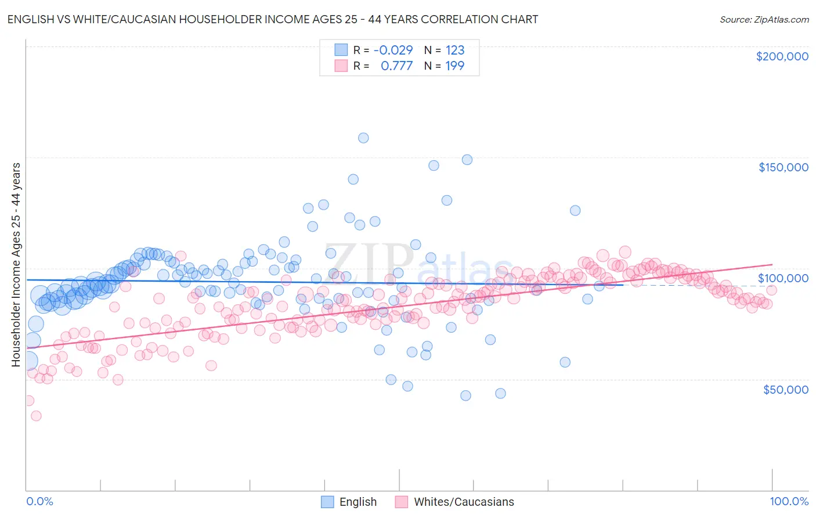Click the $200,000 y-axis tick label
click(x=782, y=56)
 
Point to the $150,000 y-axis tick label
click(x=783, y=167)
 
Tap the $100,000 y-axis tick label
click(x=783, y=278)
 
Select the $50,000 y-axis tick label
click(x=785, y=389)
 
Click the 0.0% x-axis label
click(x=39, y=502)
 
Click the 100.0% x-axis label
click(x=789, y=502)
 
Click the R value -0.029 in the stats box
click(x=393, y=50)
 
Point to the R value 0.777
click(x=396, y=66)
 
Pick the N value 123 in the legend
click(x=455, y=50)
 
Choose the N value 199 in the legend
click(x=455, y=66)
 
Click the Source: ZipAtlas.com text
click(x=764, y=19)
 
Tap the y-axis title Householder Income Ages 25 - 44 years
click(x=16, y=265)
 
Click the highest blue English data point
click(x=363, y=138)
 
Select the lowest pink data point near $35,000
click(x=36, y=416)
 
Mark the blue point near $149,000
click(x=467, y=160)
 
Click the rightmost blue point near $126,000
click(x=575, y=210)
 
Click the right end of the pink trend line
click(x=772, y=264)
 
